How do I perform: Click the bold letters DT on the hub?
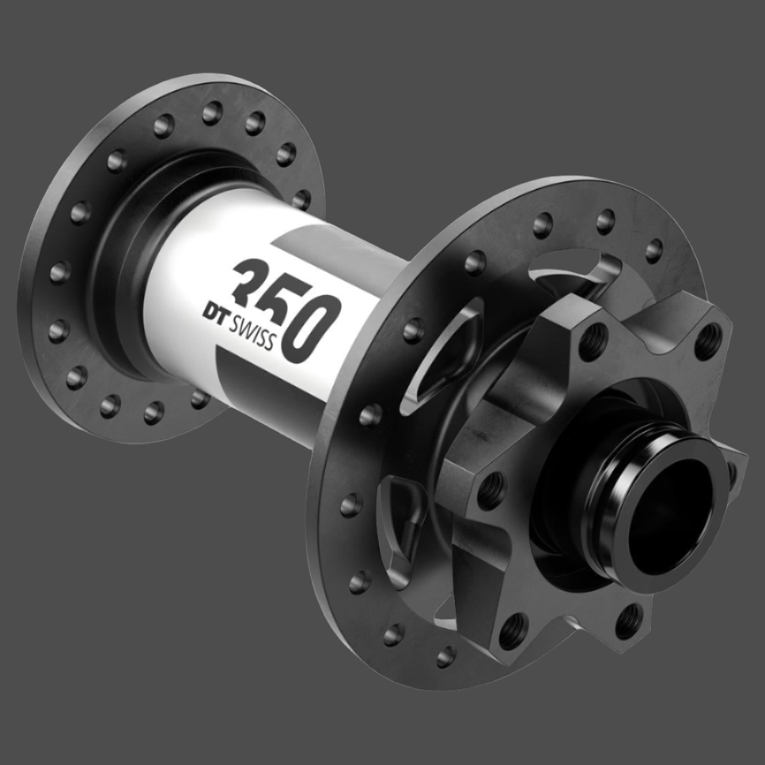(216, 311)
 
